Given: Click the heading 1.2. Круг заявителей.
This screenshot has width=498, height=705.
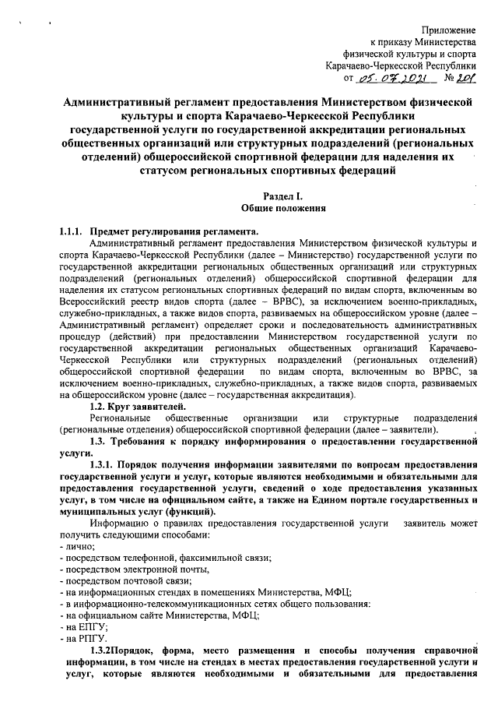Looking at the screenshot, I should [x=138, y=406].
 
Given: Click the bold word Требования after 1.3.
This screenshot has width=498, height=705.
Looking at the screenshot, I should [x=152, y=441].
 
